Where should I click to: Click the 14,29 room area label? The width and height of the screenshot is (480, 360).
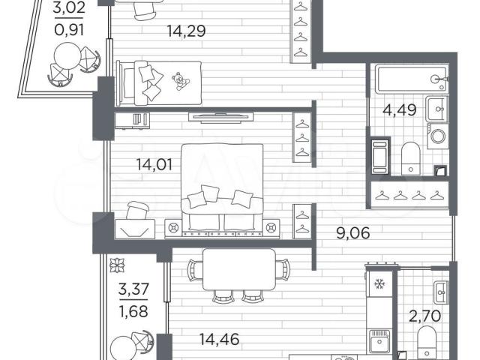(x=186, y=31)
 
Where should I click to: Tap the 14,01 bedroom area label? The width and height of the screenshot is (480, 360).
(x=154, y=165)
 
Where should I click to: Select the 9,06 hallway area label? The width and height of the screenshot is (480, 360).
(x=352, y=233)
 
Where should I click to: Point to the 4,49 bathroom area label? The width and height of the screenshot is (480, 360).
(x=400, y=110)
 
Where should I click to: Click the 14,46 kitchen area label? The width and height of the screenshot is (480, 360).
(x=219, y=339)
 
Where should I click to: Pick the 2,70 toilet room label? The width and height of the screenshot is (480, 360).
(x=425, y=316)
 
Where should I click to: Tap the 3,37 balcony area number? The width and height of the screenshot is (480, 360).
(x=133, y=289)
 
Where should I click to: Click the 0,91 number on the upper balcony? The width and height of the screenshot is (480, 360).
(x=68, y=30)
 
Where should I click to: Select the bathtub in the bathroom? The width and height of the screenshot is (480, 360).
(x=412, y=79)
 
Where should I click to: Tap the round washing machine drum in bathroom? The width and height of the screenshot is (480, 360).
(x=438, y=136)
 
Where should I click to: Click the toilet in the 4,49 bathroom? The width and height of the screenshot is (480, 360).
(x=410, y=158)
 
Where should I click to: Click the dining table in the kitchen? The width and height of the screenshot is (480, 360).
(x=239, y=269)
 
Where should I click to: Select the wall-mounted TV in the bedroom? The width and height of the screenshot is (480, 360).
(x=221, y=118)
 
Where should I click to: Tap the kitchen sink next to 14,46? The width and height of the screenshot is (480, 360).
(x=379, y=341)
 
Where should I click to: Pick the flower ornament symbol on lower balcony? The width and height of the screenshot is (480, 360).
(x=118, y=265)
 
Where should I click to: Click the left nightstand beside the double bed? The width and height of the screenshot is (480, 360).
(x=174, y=227)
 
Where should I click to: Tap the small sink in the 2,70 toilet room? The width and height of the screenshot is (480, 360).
(x=441, y=292)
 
